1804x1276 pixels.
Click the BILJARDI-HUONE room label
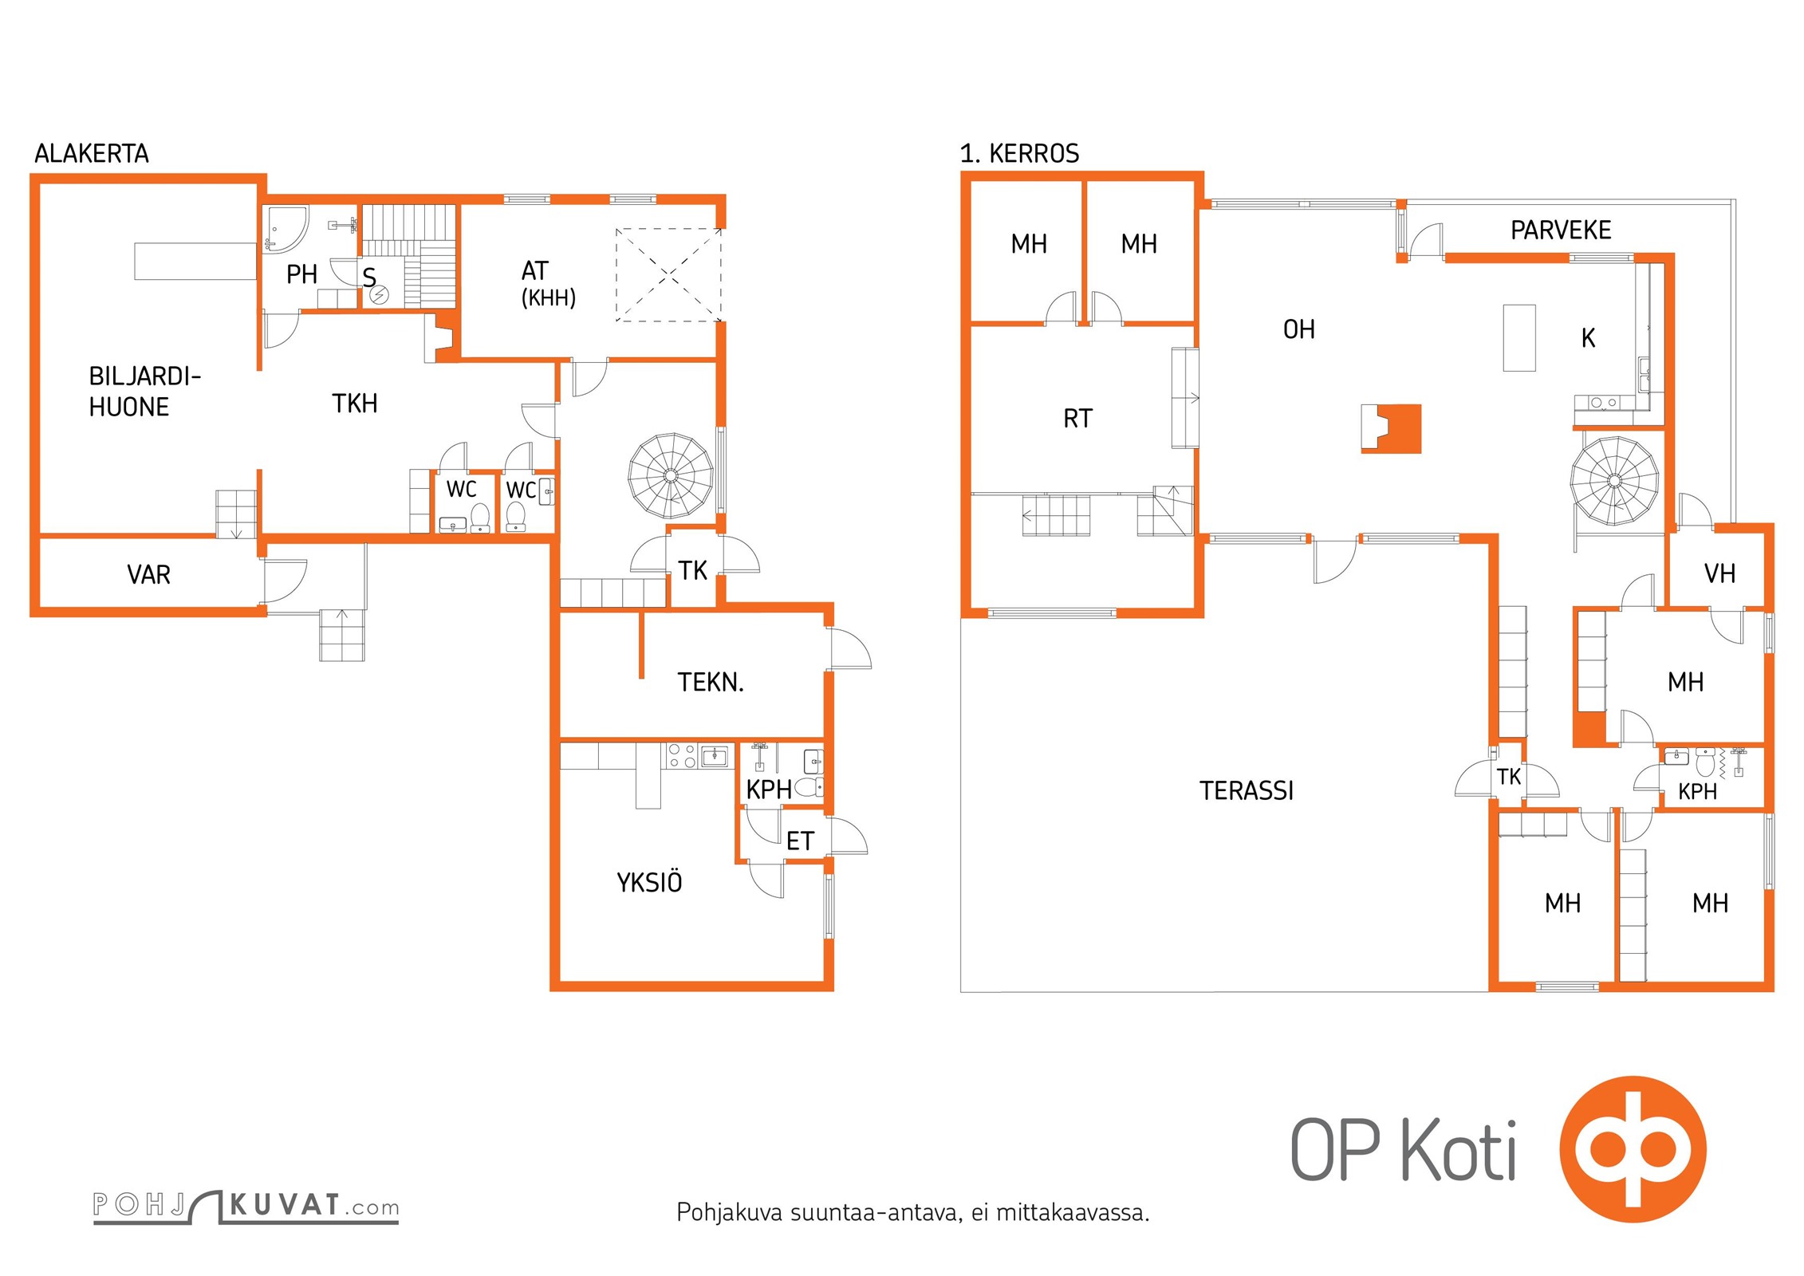[144, 392]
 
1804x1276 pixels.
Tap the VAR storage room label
[148, 575]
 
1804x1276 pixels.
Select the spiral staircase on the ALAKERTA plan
[671, 476]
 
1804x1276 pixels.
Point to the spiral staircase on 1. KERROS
[1615, 481]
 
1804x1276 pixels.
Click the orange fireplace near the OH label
[1392, 429]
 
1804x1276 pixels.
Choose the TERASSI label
[1247, 790]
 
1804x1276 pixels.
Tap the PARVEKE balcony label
[1561, 230]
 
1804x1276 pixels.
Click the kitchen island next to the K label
[1519, 337]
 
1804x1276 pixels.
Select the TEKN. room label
[711, 683]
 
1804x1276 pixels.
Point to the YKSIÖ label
[649, 881]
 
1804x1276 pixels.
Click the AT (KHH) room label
[548, 283]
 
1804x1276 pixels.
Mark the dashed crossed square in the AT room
[668, 275]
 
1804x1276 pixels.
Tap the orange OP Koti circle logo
[1633, 1149]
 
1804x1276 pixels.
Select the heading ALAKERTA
[92, 153]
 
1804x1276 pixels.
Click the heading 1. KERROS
[1019, 153]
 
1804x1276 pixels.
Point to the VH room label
[1719, 573]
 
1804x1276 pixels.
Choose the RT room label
[1077, 419]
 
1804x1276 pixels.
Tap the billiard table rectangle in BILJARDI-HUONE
[195, 262]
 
